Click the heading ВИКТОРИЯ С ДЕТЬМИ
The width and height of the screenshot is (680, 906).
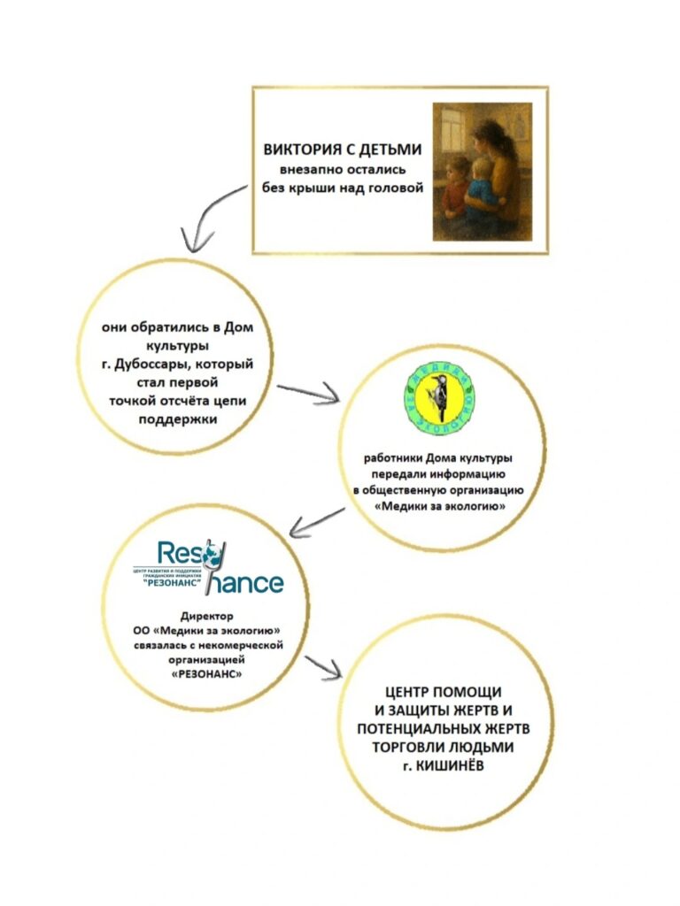point(341,150)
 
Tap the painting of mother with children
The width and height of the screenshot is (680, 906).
point(482,171)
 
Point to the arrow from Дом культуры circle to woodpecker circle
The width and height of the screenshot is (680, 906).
point(309,393)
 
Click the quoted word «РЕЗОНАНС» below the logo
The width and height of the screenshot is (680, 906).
point(206,673)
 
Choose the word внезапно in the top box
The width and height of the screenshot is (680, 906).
point(306,170)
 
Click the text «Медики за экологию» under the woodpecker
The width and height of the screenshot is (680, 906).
point(440,506)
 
